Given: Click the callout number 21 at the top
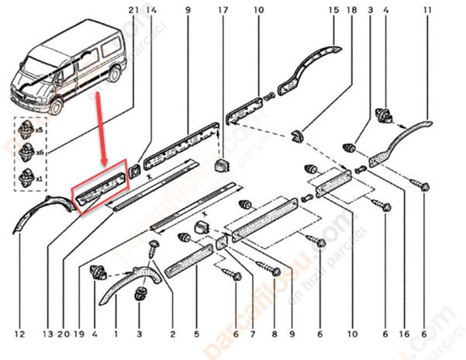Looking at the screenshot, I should [x=133, y=9].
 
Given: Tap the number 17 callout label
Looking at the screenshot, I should [x=223, y=9].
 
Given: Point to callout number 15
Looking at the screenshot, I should [x=333, y=9].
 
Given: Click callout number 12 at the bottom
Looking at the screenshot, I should [x=20, y=334].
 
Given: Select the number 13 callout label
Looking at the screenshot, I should [x=48, y=334].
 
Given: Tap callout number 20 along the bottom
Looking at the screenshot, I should [x=62, y=334].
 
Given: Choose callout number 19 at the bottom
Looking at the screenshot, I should [x=78, y=334].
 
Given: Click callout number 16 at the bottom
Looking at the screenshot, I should [x=405, y=334].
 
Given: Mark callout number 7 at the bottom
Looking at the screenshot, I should [x=252, y=334].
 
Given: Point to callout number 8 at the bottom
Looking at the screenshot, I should [x=274, y=334].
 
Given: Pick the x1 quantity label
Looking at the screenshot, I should [x=40, y=178].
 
